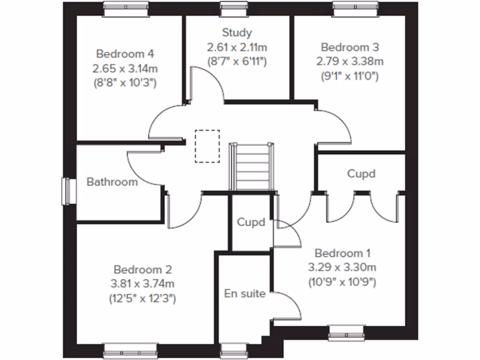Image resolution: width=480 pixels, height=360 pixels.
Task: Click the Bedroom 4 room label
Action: (x=125, y=53)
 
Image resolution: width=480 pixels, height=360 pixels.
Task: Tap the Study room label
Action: (x=237, y=33)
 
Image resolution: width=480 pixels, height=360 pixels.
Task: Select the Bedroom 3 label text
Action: (x=350, y=47)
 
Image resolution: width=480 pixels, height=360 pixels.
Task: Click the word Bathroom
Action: (x=112, y=182)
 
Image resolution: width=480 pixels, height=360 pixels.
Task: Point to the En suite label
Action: (x=245, y=294)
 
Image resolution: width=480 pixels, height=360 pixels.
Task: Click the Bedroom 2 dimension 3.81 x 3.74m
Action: (x=143, y=284)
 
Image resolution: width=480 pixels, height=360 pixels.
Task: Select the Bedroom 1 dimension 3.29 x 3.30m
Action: (x=343, y=268)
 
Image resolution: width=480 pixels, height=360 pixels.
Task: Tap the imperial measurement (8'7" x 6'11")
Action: (x=237, y=61)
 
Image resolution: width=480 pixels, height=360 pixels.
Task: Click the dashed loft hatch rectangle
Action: (x=208, y=146)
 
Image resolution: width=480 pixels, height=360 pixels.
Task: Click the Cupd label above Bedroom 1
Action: (x=361, y=173)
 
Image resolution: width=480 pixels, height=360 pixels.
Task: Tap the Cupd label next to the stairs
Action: (x=251, y=222)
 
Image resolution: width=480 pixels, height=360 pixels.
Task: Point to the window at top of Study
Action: (x=228, y=6)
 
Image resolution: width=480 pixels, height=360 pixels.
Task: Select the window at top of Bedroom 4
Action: (x=126, y=6)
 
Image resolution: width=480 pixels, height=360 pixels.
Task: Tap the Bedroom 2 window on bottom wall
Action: (x=131, y=349)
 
